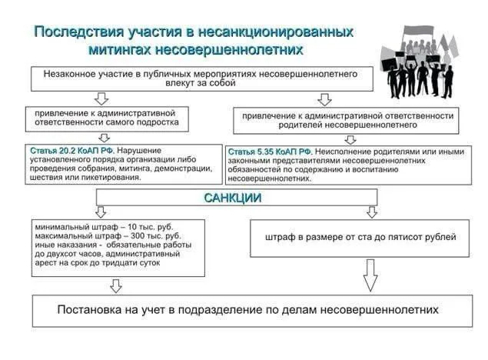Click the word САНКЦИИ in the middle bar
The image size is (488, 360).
232,198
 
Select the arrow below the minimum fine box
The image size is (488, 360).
116,285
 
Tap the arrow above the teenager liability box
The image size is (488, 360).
101,98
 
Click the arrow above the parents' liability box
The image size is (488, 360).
324,99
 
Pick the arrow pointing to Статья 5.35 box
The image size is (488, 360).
350,139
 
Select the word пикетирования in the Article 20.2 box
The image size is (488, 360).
109,178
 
